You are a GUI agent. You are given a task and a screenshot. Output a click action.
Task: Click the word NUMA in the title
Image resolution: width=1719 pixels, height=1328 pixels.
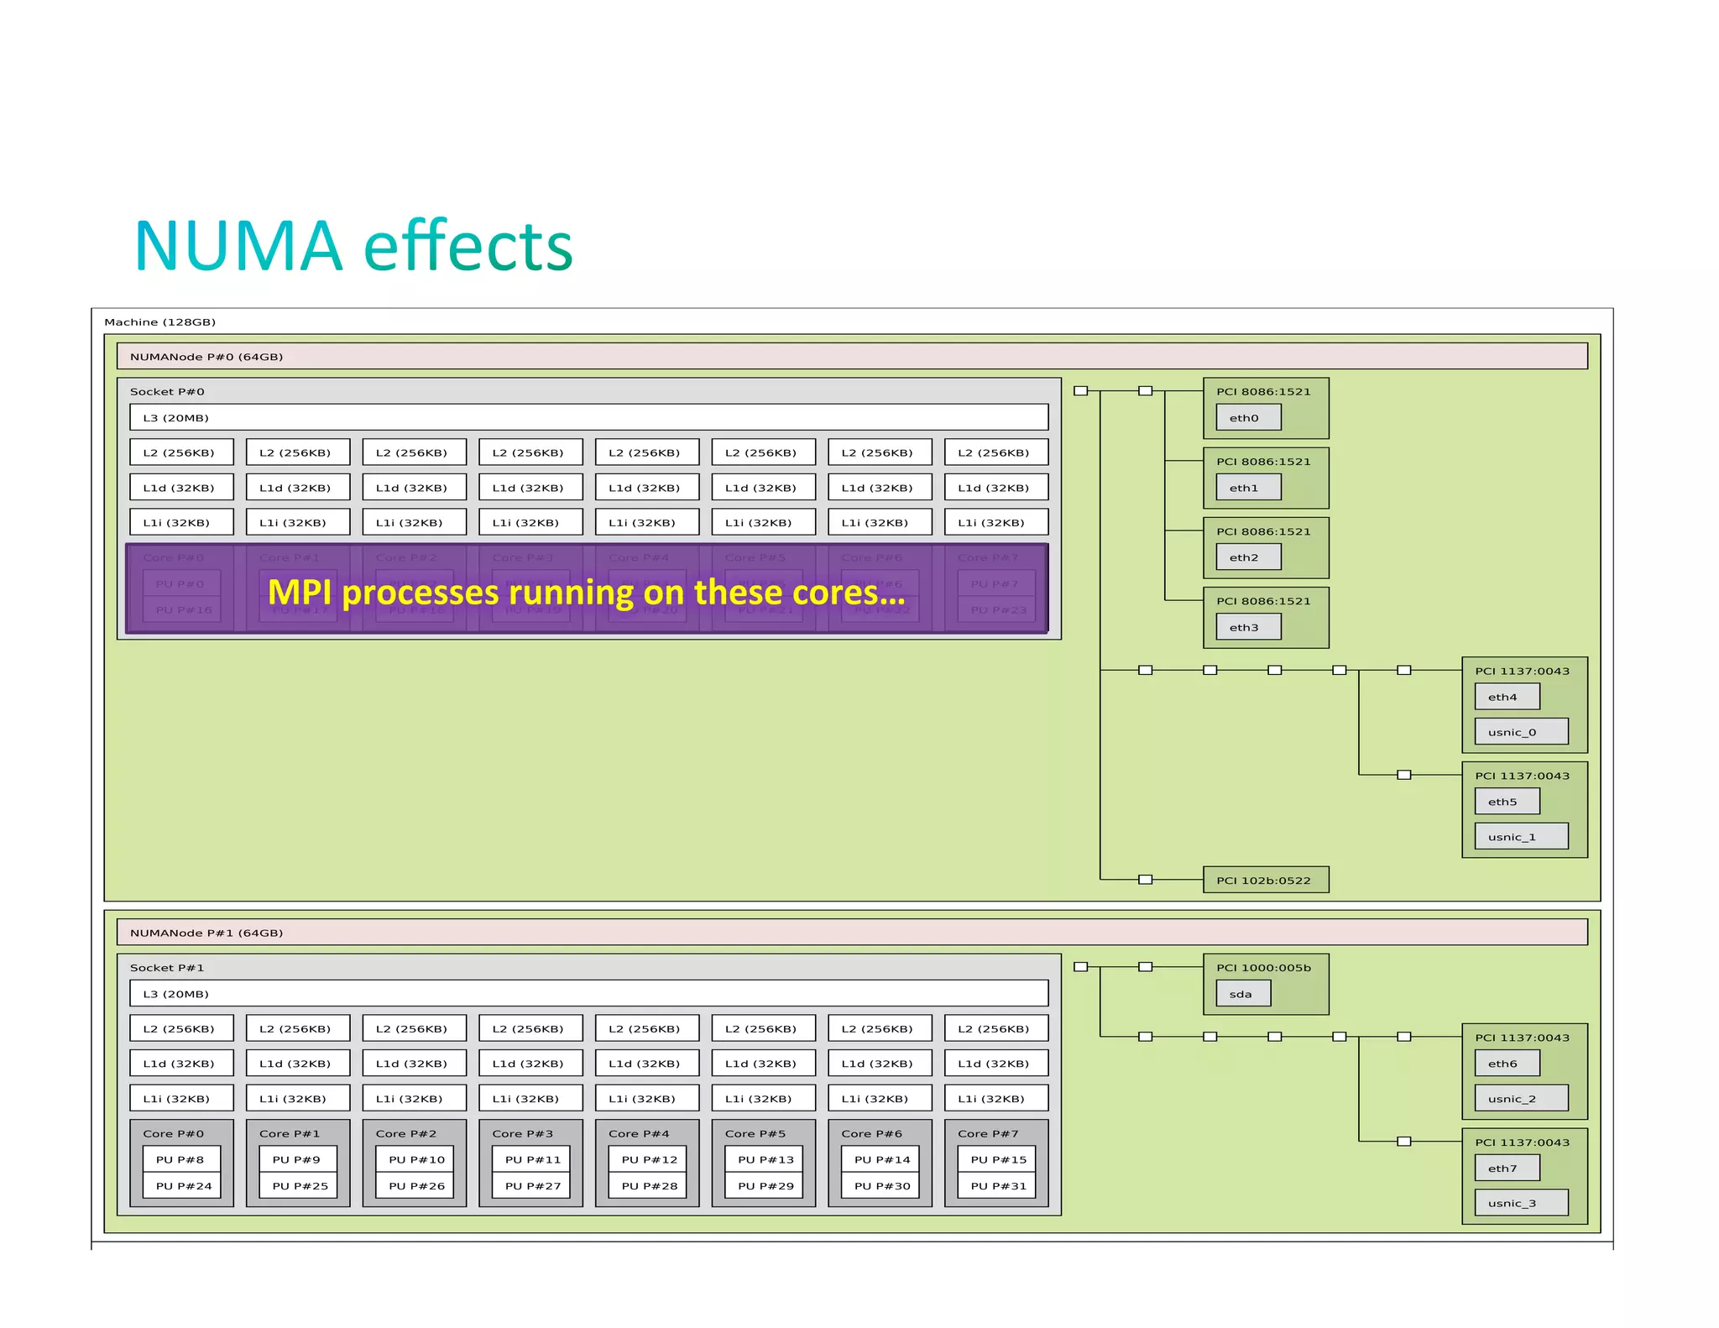[238, 247]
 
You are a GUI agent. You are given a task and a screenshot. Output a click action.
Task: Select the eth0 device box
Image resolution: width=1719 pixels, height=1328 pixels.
[1247, 417]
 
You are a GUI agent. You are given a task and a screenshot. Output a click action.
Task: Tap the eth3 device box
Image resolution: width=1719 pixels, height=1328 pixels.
[1247, 627]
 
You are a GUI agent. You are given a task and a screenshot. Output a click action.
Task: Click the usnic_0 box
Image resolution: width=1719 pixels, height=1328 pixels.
[1520, 732]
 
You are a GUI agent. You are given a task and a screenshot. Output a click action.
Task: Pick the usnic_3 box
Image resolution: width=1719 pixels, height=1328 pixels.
[1520, 1203]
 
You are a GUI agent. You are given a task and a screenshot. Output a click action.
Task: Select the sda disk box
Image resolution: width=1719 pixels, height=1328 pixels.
[1242, 994]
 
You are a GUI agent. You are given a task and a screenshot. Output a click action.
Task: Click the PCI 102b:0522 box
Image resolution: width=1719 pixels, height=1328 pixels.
[1265, 880]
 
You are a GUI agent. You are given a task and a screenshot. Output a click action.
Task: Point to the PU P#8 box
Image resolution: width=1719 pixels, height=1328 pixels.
[181, 1159]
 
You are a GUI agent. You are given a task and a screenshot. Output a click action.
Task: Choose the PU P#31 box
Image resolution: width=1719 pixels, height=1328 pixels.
[998, 1185]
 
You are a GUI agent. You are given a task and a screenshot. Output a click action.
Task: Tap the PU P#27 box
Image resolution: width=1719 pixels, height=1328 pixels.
[532, 1185]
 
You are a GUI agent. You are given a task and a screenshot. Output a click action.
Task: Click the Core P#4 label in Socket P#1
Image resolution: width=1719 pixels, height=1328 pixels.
[639, 1133]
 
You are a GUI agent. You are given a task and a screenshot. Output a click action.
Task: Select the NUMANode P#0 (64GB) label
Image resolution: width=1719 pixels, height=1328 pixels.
[206, 357]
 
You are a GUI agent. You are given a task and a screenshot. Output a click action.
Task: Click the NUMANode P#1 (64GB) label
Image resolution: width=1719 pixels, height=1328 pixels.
[206, 933]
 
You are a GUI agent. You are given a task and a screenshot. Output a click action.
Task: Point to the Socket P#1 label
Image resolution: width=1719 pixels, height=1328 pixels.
[167, 968]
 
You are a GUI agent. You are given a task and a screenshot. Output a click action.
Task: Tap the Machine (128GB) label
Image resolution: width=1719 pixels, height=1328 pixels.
[159, 322]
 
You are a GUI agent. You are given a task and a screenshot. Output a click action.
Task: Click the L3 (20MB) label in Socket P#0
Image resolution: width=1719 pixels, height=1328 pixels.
[175, 417]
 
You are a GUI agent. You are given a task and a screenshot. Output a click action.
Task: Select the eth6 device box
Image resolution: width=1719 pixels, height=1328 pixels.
[1506, 1064]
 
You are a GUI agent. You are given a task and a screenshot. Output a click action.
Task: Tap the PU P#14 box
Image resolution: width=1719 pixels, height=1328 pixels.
[881, 1159]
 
